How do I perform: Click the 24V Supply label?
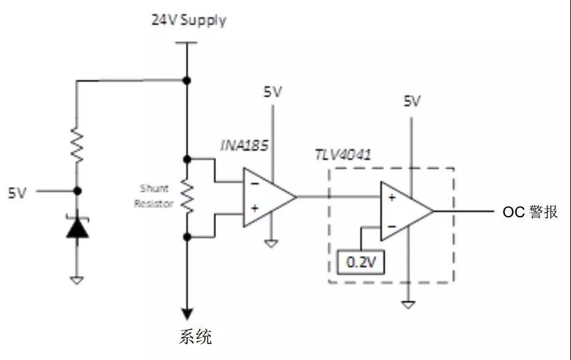click(x=189, y=20)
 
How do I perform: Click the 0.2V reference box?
click(x=361, y=263)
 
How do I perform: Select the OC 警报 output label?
click(x=530, y=212)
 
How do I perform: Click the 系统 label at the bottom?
click(x=195, y=337)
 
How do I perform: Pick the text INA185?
click(x=244, y=146)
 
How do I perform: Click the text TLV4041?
click(x=343, y=154)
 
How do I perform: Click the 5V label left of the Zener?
click(x=17, y=193)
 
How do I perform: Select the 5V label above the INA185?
click(x=273, y=92)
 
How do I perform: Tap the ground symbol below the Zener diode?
click(x=77, y=281)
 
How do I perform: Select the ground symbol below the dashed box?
click(x=407, y=304)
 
